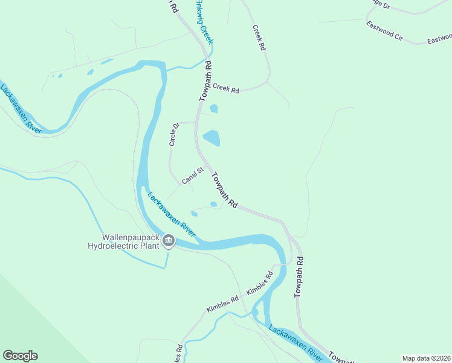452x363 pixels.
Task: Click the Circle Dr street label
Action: click(x=175, y=134)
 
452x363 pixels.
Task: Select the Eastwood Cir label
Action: click(x=384, y=31)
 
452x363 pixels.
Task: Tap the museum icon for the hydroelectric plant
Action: click(x=169, y=242)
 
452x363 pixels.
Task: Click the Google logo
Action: click(x=20, y=356)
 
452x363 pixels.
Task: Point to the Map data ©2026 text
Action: click(x=426, y=358)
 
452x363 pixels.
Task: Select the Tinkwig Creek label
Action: click(x=204, y=22)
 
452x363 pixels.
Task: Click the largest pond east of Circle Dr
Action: click(x=211, y=138)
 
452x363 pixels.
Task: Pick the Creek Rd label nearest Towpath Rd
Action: click(x=226, y=88)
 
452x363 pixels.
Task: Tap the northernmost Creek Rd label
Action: click(x=259, y=38)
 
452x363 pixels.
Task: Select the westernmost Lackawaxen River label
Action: click(x=21, y=109)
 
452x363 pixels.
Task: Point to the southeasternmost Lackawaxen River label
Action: click(x=295, y=342)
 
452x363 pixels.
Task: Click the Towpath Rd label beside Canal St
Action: click(x=224, y=188)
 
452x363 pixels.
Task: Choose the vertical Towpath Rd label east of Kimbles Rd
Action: click(x=299, y=277)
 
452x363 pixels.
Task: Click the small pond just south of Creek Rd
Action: click(x=213, y=109)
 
